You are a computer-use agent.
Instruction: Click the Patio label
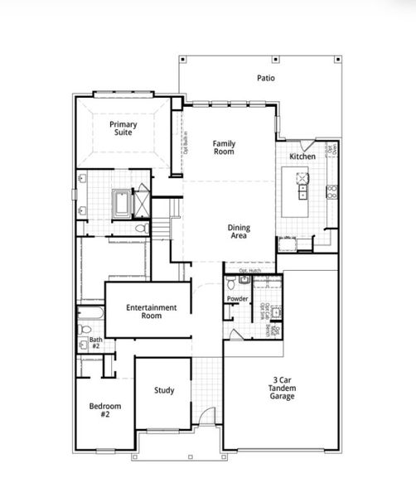[x=265, y=79]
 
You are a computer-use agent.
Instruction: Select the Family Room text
[x=224, y=147]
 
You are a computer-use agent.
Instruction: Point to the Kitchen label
[x=301, y=157]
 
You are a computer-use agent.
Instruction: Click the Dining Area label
[x=239, y=234]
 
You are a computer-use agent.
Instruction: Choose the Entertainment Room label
[x=151, y=311]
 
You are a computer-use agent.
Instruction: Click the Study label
[x=164, y=390]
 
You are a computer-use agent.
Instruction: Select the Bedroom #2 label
[x=105, y=410]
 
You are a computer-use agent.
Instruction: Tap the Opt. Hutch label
[x=250, y=271]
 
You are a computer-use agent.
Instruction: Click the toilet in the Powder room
[x=231, y=283]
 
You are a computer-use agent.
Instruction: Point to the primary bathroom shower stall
[x=141, y=201]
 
